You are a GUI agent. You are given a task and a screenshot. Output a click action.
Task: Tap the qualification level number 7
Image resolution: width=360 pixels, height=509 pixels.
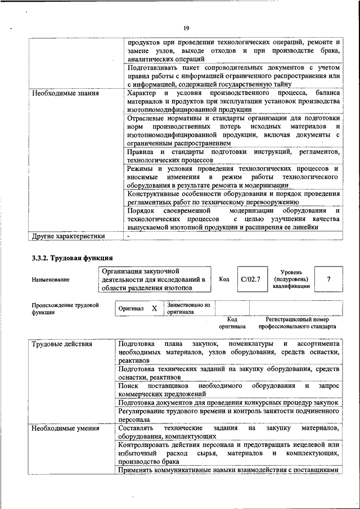point(328,280)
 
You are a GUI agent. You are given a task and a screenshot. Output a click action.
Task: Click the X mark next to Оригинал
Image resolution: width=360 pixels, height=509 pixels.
point(154,309)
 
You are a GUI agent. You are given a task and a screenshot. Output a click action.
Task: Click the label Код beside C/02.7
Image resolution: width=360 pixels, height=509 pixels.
point(224,280)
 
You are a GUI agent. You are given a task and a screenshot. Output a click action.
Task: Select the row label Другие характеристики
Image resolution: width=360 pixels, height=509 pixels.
point(68,236)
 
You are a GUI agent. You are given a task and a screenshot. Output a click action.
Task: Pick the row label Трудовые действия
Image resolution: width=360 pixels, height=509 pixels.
point(62,344)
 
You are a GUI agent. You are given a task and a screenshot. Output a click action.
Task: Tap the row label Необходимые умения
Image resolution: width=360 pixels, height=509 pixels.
point(65,428)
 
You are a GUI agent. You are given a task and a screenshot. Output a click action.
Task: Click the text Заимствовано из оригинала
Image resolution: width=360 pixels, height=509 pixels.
point(188,308)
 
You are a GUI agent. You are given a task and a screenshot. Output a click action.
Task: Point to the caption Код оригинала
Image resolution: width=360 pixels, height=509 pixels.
point(232,322)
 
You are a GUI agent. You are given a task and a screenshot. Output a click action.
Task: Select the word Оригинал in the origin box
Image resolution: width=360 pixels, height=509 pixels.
point(130,309)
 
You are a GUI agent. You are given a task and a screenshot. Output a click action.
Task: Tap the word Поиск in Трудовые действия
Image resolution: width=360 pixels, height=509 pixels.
point(129,386)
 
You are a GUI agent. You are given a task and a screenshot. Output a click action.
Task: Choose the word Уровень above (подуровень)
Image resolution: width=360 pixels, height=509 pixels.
point(291,272)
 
